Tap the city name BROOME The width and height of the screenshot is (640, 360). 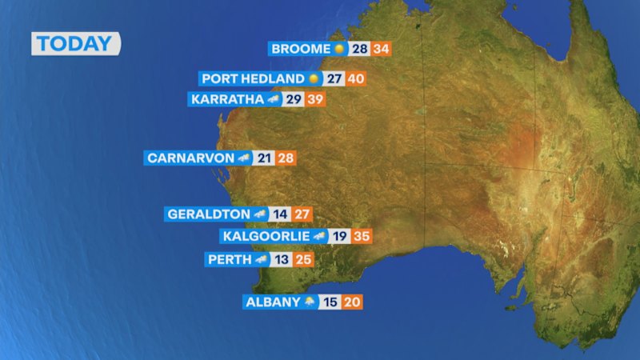pyautogui.click(x=300, y=49)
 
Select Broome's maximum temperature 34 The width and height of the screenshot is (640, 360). pyautogui.click(x=381, y=49)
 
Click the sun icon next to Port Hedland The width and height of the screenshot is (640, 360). pyautogui.click(x=313, y=78)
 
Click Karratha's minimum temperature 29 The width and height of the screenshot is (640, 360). pyautogui.click(x=294, y=99)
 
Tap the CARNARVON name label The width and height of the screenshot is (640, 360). pyautogui.click(x=190, y=158)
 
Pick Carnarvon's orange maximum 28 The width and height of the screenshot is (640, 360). pyautogui.click(x=286, y=158)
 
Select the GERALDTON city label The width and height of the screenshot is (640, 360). pyautogui.click(x=208, y=214)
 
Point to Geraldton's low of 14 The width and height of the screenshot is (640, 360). pyautogui.click(x=279, y=214)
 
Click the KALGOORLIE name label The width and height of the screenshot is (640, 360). pyautogui.click(x=265, y=236)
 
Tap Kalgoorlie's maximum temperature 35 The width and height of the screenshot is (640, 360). pyautogui.click(x=362, y=236)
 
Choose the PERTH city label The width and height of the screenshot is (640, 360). pyautogui.click(x=230, y=259)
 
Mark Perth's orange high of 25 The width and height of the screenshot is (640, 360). pyautogui.click(x=302, y=259)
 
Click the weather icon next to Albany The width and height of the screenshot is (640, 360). pyautogui.click(x=309, y=302)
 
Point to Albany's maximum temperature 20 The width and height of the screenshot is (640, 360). pyautogui.click(x=353, y=302)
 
